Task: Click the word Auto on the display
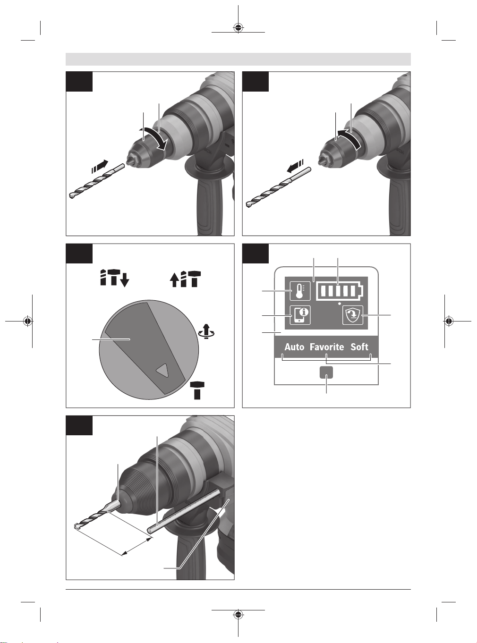[x=294, y=347]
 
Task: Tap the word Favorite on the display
[x=327, y=347]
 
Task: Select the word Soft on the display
[x=359, y=347]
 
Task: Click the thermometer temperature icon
[x=300, y=291]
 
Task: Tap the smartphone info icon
[x=300, y=315]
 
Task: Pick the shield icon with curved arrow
[x=352, y=315]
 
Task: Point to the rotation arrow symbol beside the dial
[x=206, y=331]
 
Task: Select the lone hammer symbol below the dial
[x=197, y=390]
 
